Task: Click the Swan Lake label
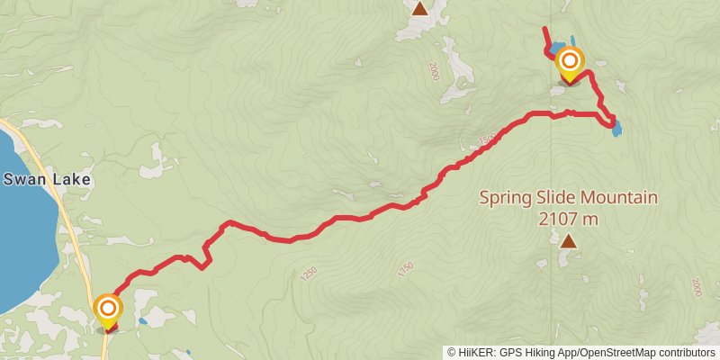pyautogui.click(x=47, y=179)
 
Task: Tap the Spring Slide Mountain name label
pyautogui.click(x=568, y=198)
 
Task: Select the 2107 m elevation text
pyautogui.click(x=568, y=218)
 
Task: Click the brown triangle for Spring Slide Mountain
pyautogui.click(x=568, y=240)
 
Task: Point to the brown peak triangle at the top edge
pyautogui.click(x=419, y=9)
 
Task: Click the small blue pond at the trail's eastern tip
pyautogui.click(x=616, y=130)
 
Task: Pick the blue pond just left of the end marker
pyautogui.click(x=557, y=47)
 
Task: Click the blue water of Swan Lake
pyautogui.click(x=22, y=234)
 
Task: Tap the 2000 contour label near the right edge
pyautogui.click(x=696, y=287)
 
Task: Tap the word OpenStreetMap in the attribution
pyautogui.click(x=614, y=353)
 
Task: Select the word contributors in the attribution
pyautogui.click(x=685, y=353)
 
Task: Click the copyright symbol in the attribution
pyautogui.click(x=451, y=353)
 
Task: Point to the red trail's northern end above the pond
pyautogui.click(x=544, y=30)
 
